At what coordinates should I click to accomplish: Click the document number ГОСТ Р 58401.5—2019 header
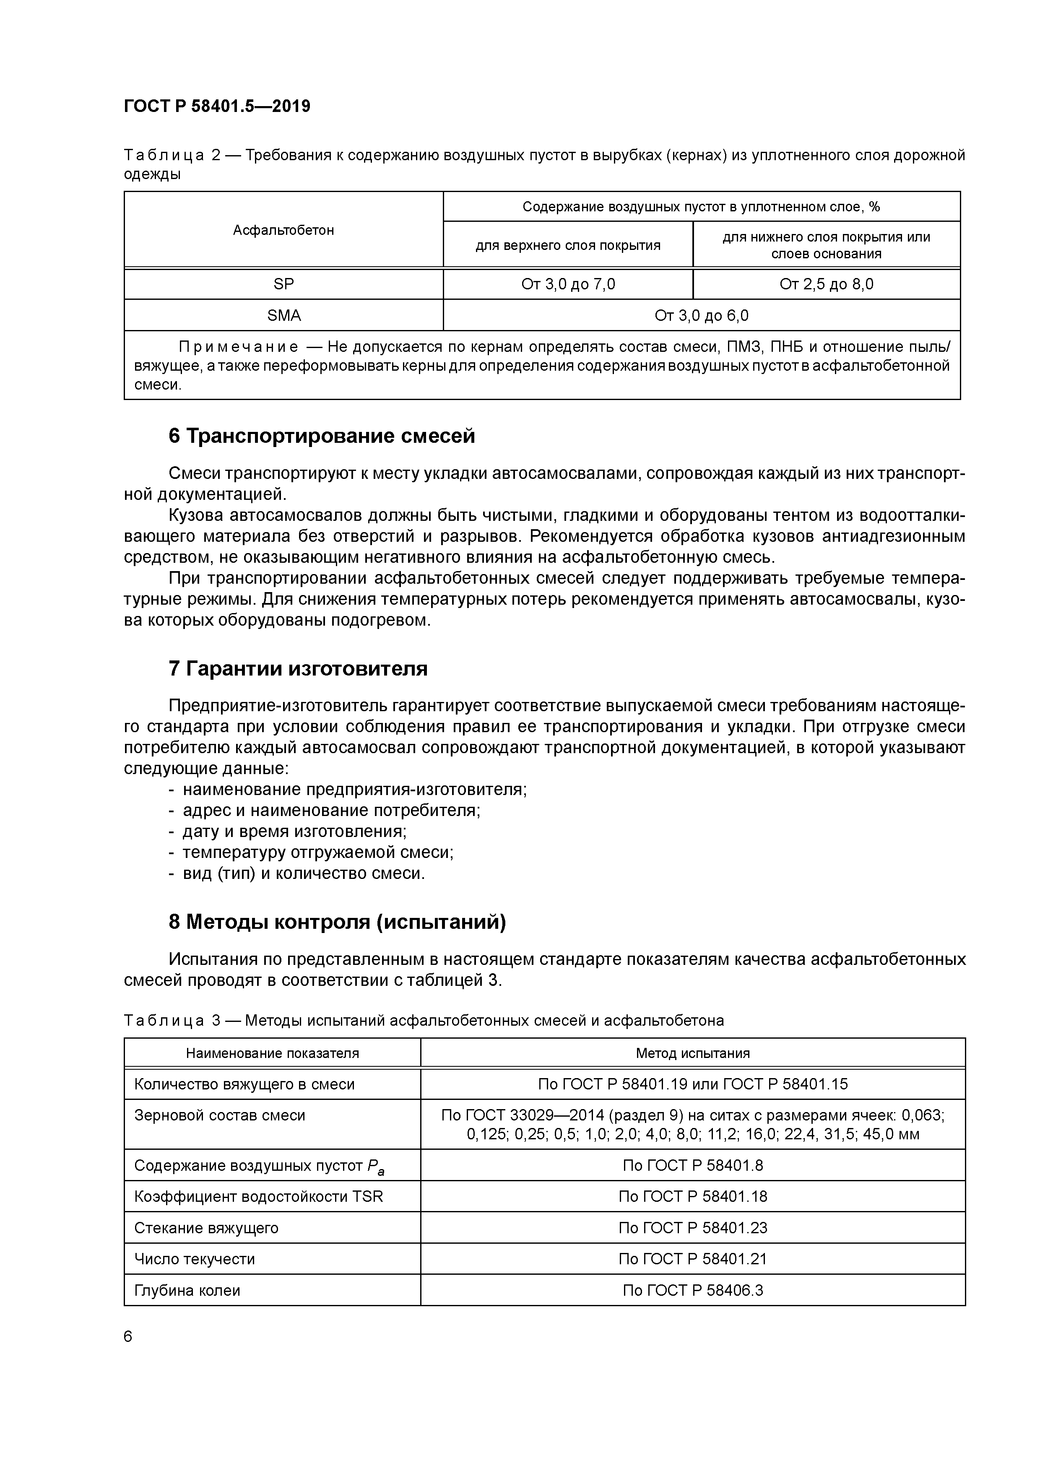[216, 107]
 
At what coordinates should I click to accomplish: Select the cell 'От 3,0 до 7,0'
[568, 284]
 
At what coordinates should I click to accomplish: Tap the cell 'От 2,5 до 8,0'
[826, 284]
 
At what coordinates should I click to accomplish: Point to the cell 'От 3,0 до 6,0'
[701, 315]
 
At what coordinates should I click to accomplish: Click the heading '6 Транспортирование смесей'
[322, 436]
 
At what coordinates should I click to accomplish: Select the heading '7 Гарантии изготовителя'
[298, 668]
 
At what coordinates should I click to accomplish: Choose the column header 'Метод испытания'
[693, 1053]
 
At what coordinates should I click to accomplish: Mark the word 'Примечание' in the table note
[238, 347]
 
